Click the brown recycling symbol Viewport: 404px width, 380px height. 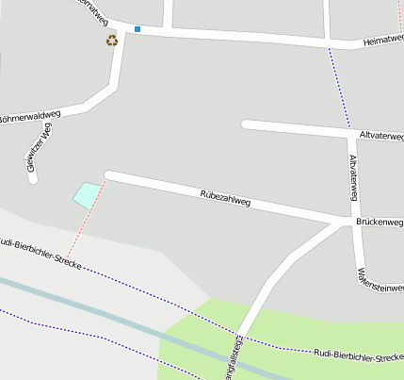[x=112, y=41]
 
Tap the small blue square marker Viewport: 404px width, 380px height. [x=137, y=29]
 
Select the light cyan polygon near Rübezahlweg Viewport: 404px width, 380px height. [x=87, y=194]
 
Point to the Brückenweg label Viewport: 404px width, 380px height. [x=380, y=223]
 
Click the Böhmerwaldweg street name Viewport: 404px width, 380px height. [x=29, y=118]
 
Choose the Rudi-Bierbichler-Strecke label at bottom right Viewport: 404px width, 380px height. [x=358, y=357]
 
